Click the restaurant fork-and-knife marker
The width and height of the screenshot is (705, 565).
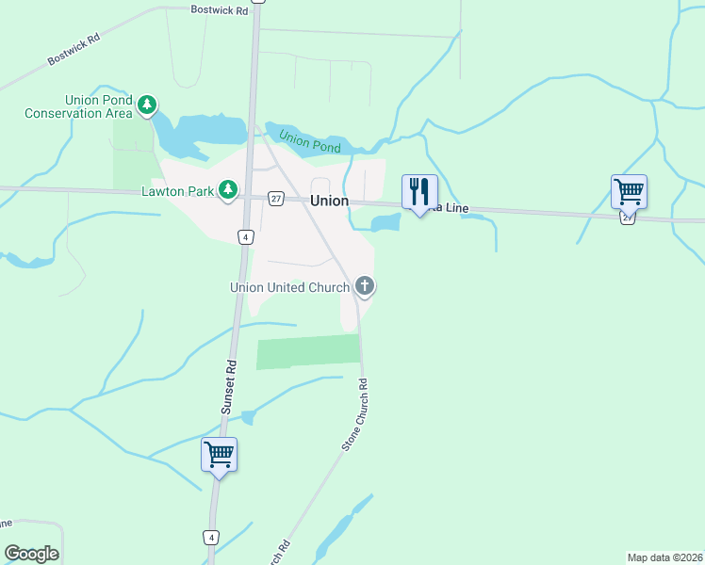point(419,192)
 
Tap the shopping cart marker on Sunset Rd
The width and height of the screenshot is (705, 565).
point(220,455)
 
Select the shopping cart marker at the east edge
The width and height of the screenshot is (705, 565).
point(629,191)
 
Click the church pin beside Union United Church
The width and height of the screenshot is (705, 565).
point(365,286)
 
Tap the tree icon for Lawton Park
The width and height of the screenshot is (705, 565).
point(227,191)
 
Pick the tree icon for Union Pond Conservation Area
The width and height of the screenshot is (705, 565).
point(146,105)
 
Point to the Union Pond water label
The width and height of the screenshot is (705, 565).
point(309,143)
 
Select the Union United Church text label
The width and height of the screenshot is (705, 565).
point(290,287)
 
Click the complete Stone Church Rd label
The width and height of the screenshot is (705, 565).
point(354,414)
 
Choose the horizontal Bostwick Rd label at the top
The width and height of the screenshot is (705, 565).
point(219,9)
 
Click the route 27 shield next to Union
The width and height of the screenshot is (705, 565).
point(275,198)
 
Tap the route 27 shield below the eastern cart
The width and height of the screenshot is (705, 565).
point(628,217)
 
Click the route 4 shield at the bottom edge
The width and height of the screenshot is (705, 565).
point(212,537)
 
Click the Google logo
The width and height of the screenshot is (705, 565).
point(31,554)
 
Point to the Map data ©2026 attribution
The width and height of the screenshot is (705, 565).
point(664,557)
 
